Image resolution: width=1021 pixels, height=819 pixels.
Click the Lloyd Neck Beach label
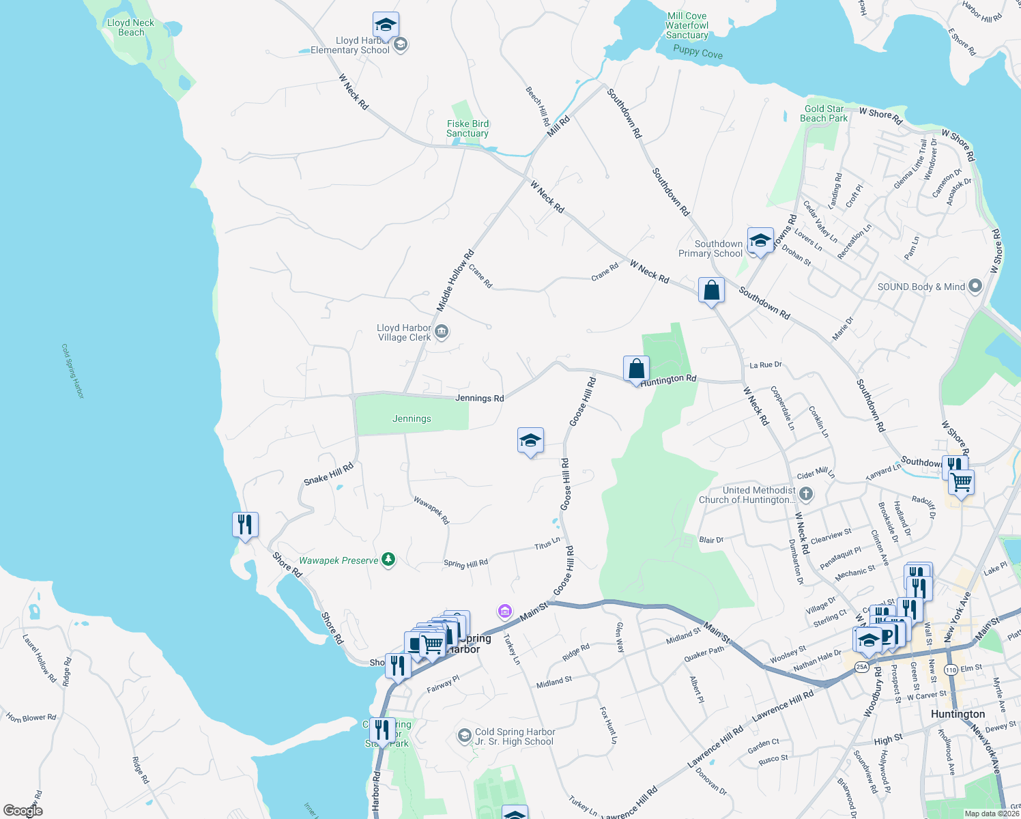coord(130,27)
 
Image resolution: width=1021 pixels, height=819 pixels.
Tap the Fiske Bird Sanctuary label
coord(468,128)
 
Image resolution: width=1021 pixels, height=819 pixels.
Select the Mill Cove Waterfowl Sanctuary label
coord(687,25)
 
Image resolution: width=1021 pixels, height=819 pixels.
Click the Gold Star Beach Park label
coord(824,113)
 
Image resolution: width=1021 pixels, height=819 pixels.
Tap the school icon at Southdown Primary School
coord(760,241)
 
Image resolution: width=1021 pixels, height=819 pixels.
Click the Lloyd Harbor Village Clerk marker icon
coord(442,332)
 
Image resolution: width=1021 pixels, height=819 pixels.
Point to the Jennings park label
coord(412,418)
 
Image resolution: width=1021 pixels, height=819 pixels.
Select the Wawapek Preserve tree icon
coord(388,560)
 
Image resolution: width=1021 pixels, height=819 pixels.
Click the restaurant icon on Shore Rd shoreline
coord(245,525)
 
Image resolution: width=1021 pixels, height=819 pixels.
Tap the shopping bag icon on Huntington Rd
coord(636,369)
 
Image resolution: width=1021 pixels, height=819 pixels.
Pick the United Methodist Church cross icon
coord(806,493)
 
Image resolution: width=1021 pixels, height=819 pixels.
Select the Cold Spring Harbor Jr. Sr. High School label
coord(515,736)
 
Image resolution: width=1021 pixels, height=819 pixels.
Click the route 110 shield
coord(951,670)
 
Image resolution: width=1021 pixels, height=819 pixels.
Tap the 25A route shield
coord(862,667)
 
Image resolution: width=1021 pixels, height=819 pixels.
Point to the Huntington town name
coord(958,714)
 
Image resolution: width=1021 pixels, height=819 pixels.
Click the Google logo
coord(23,810)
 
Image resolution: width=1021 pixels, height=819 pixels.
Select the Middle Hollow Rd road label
coord(455,281)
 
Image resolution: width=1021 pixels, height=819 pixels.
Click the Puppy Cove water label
coord(698,52)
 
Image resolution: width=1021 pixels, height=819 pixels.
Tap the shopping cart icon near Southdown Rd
coord(961,483)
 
